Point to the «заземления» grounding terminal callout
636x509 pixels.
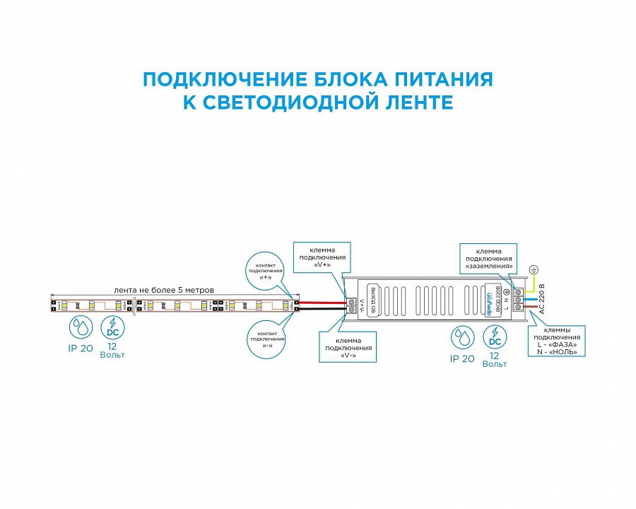tap(488, 259)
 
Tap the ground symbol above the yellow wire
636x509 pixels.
tap(535, 269)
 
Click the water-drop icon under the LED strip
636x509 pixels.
tap(81, 327)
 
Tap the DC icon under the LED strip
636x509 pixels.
tap(112, 327)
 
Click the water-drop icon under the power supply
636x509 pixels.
tap(463, 337)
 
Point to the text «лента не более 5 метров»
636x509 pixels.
tap(163, 290)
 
